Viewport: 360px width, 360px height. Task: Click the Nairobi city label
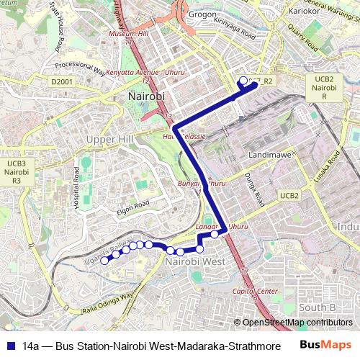pos(146,96)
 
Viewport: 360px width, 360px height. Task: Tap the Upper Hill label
pos(107,138)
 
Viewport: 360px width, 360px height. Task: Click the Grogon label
pos(202,14)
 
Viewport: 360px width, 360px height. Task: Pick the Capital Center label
pos(256,291)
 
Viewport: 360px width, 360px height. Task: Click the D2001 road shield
pos(63,82)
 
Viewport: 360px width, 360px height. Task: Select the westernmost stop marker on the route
pos(104,261)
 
